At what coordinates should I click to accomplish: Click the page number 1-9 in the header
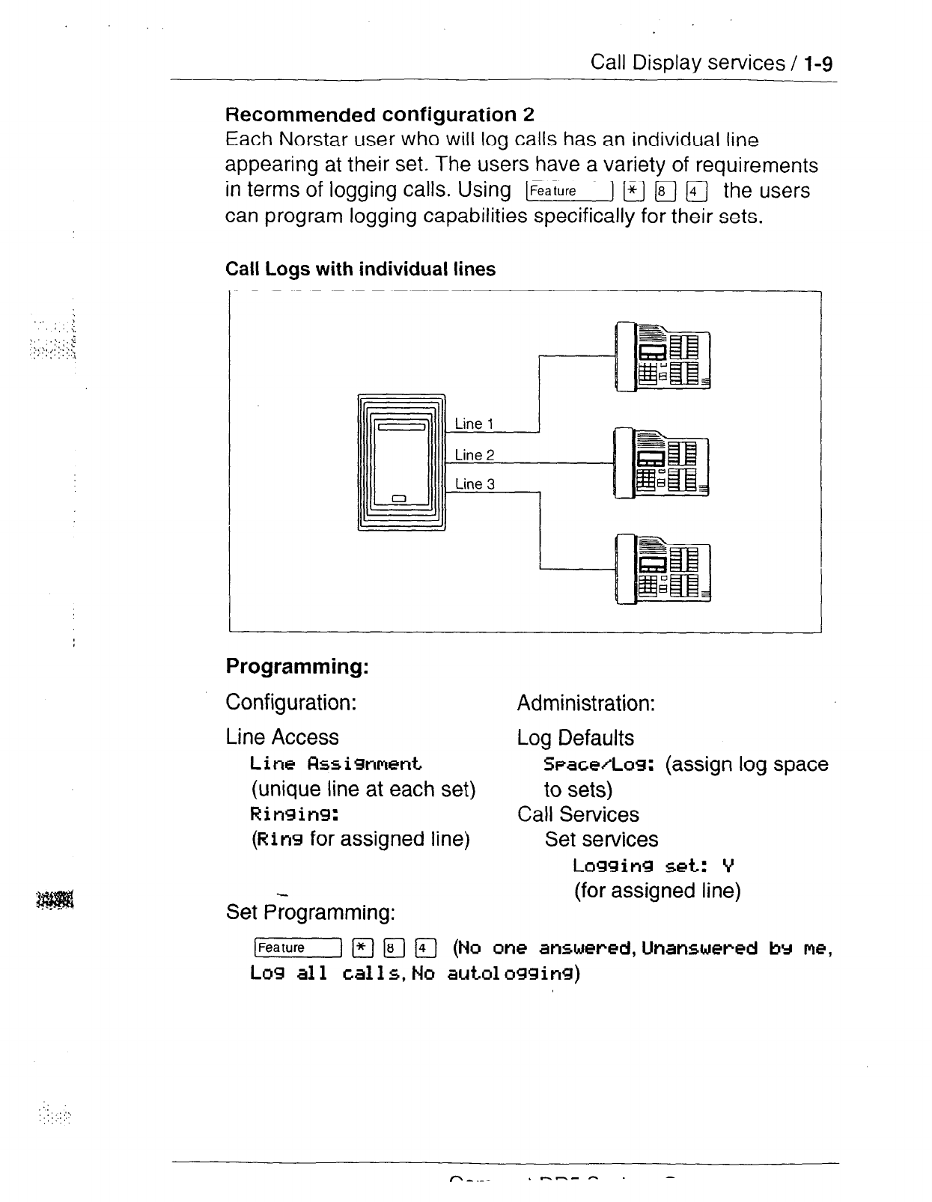[x=818, y=63]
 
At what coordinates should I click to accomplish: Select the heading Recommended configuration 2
[x=380, y=115]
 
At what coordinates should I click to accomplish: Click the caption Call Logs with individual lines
[x=360, y=269]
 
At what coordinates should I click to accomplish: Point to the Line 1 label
[x=474, y=424]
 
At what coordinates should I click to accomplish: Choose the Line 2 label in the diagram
[x=475, y=455]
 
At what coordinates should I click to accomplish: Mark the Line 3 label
[x=475, y=484]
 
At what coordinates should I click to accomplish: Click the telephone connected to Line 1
[x=662, y=356]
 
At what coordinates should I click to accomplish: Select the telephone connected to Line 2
[x=661, y=463]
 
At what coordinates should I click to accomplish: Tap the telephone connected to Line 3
[x=662, y=569]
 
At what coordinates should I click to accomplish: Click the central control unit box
[x=401, y=461]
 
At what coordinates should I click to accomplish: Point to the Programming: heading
[x=296, y=665]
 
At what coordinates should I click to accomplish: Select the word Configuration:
[x=290, y=703]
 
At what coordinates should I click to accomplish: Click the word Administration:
[x=586, y=704]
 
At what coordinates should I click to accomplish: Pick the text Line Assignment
[x=336, y=764]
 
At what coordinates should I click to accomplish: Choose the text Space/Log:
[x=600, y=765]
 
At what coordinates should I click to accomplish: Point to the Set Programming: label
[x=310, y=912]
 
